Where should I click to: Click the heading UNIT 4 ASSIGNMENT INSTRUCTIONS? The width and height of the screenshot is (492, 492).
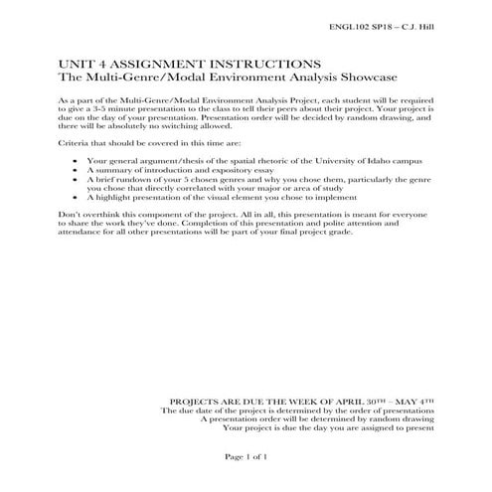(x=162, y=62)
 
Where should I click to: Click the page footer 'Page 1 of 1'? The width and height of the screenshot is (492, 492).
(x=247, y=455)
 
